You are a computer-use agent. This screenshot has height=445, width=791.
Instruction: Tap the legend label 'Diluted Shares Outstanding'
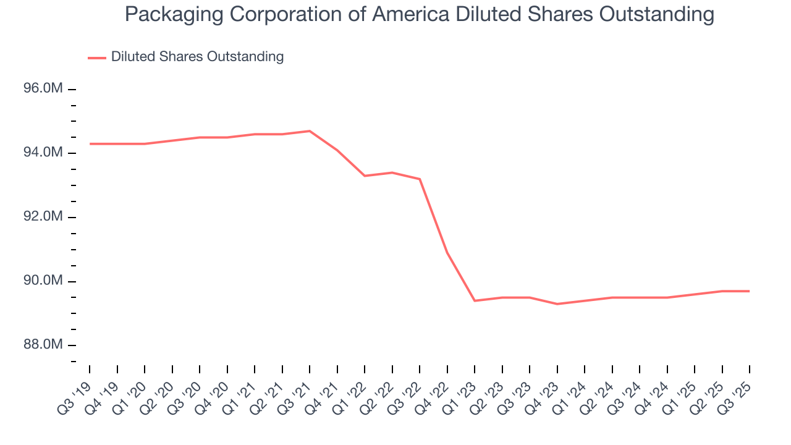click(x=197, y=57)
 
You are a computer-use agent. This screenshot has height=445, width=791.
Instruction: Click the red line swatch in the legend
click(x=97, y=57)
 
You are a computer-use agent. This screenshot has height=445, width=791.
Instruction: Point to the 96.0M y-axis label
click(x=43, y=89)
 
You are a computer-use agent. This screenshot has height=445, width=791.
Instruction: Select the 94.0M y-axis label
click(x=43, y=153)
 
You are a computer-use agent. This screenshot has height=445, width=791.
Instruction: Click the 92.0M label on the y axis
click(x=43, y=217)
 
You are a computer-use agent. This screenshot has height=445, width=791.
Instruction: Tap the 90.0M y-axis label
click(x=43, y=281)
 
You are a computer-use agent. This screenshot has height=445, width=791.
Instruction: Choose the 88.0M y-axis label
click(x=43, y=345)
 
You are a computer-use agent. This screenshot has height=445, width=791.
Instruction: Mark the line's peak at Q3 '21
click(x=310, y=131)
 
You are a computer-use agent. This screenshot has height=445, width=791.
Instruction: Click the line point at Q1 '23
click(x=475, y=300)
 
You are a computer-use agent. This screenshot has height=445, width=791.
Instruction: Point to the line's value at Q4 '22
click(x=447, y=252)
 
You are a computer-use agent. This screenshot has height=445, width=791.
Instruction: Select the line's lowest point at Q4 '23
click(x=557, y=304)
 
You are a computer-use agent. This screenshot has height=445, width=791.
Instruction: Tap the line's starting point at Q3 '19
click(x=90, y=144)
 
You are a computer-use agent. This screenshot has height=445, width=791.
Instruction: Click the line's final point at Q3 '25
click(x=750, y=291)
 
